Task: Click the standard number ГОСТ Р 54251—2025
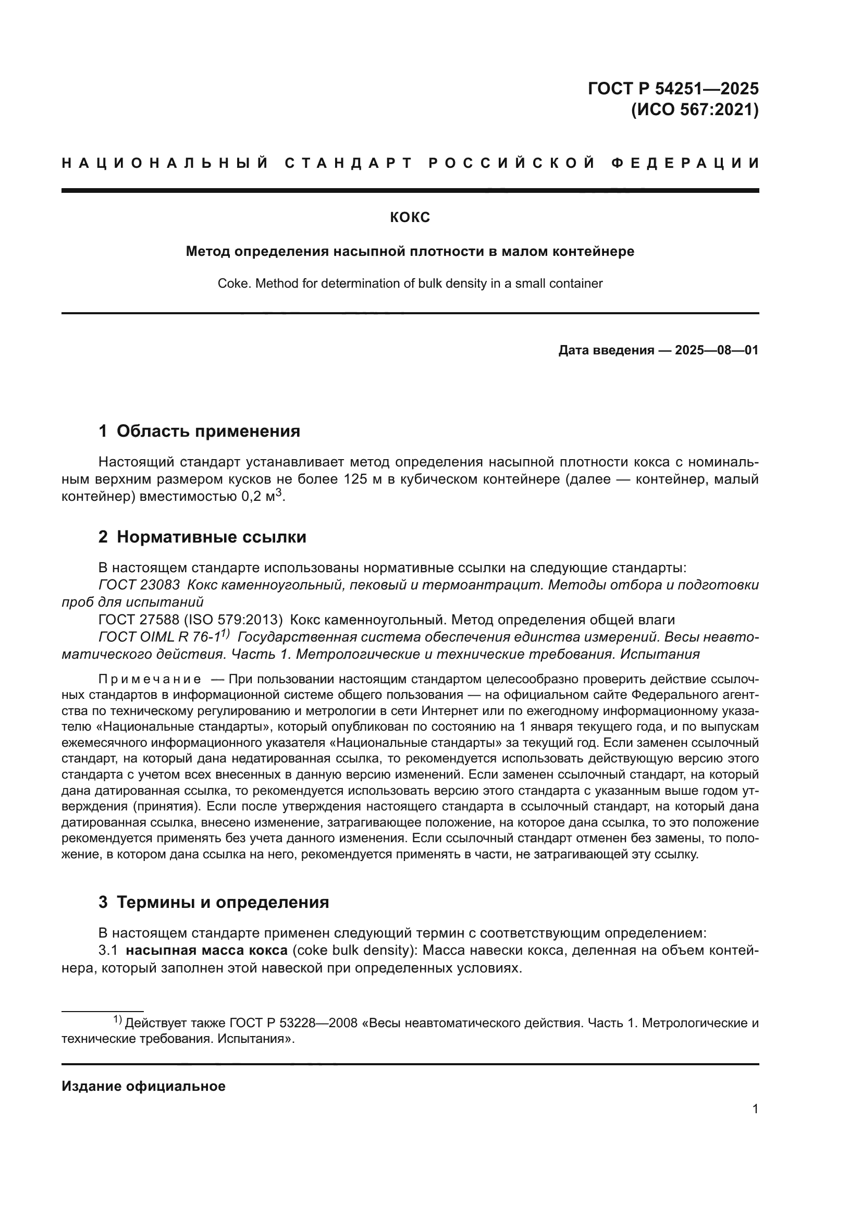pos(673,88)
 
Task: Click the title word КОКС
pos(410,217)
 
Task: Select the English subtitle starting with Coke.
pos(410,284)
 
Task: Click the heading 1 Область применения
pos(199,431)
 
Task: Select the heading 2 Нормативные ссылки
pos(202,537)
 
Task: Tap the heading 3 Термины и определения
pos(213,903)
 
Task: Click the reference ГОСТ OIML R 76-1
pos(159,637)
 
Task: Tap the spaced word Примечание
pos(150,680)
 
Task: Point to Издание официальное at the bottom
pos(143,1097)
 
